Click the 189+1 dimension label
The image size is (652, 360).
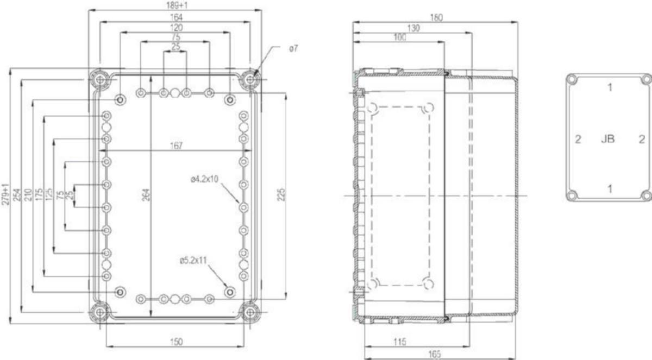pos(177,5)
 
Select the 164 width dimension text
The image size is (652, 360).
pos(177,17)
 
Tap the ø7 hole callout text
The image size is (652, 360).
pos(294,48)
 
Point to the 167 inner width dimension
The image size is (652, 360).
pos(177,146)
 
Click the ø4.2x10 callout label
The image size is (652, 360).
pos(204,179)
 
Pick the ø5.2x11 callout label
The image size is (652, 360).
pos(193,260)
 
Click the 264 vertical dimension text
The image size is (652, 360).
pos(146,195)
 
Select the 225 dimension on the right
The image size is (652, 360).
pos(281,195)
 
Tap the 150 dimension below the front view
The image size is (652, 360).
pos(177,342)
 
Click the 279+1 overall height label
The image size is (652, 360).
pos(5,194)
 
